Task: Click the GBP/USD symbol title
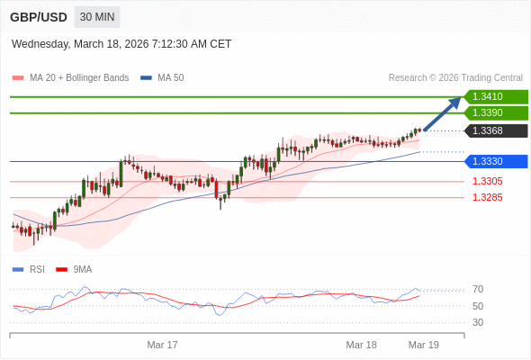pos(38,17)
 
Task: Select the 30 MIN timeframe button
pos(97,17)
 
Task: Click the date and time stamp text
pos(121,43)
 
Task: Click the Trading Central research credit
pos(455,78)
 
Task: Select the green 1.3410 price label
pos(494,96)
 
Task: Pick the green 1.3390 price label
pos(494,112)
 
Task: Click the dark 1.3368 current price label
pos(494,131)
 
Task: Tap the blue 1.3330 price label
pos(494,161)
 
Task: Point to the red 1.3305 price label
pos(487,181)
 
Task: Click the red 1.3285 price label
pos(487,197)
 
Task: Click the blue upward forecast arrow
pos(443,114)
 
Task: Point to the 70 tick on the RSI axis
pos(478,289)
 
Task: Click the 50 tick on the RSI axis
pos(478,306)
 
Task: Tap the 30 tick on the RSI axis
pos(478,322)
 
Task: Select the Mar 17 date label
pos(163,345)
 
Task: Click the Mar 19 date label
pos(423,345)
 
